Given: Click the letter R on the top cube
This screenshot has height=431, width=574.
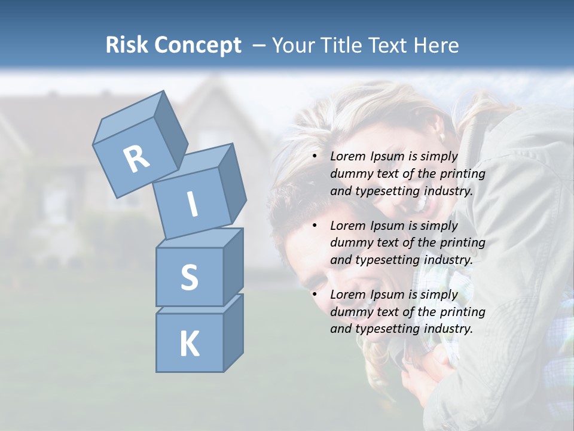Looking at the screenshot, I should [x=136, y=159].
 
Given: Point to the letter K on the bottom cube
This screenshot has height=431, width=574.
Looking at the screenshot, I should [x=189, y=344].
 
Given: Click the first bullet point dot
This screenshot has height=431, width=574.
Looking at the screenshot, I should [x=315, y=156].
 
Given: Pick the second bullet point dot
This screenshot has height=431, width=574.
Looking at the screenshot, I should [x=315, y=226].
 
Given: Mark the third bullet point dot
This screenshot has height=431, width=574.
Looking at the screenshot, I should [x=315, y=295].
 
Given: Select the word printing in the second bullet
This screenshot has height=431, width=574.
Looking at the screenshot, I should [x=462, y=243].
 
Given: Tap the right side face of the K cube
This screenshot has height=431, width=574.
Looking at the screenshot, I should [x=233, y=332].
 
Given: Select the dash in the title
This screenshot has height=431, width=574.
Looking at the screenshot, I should [x=259, y=45].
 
